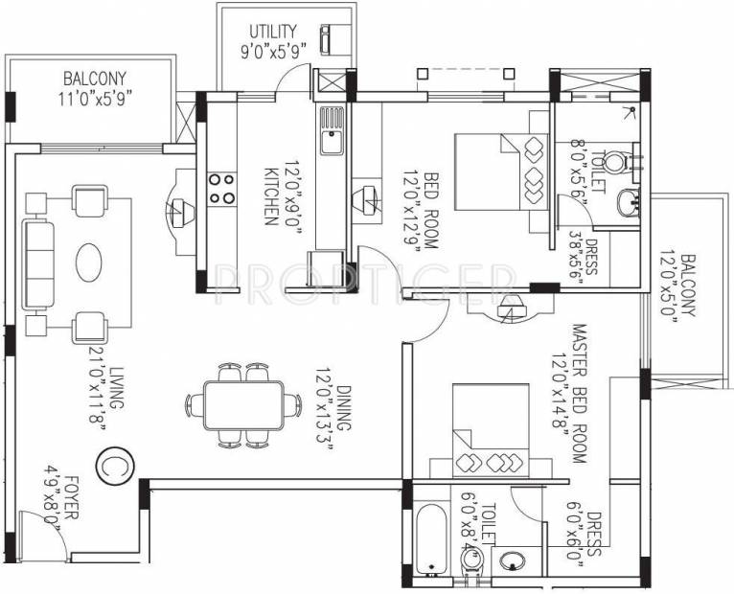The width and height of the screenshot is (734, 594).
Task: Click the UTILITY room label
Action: (273, 32)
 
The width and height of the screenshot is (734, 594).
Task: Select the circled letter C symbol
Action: (115, 466)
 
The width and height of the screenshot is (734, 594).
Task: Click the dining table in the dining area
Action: (244, 405)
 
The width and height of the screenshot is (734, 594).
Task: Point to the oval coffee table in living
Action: (88, 263)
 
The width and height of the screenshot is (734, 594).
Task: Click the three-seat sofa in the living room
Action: (38, 265)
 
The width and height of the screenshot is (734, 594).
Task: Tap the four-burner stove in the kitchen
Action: (222, 189)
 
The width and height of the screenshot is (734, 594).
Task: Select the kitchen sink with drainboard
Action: (332, 130)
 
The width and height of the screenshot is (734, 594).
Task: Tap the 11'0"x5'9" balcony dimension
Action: (95, 99)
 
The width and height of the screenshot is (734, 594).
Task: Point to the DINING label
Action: (344, 408)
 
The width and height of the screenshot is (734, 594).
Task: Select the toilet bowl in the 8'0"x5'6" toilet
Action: (614, 162)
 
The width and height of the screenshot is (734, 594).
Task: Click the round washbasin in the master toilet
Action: (512, 560)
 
